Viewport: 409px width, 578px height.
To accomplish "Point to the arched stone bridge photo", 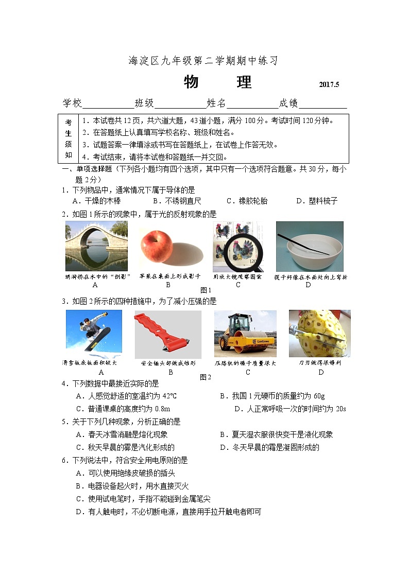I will tap(96, 246).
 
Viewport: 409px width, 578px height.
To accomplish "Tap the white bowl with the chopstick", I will tap(309, 246).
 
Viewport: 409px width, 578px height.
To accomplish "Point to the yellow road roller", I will tap(245, 335).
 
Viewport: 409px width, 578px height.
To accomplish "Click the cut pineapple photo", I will tap(319, 334).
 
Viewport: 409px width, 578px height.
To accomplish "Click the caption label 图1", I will tap(206, 290).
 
